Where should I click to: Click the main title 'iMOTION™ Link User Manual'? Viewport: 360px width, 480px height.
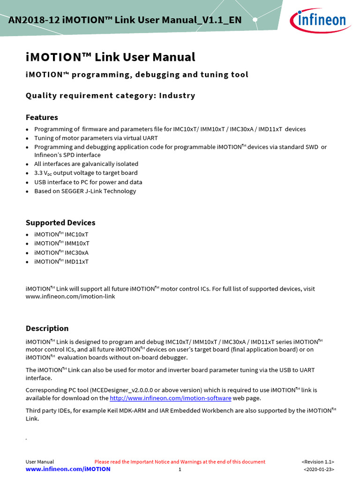[110, 57]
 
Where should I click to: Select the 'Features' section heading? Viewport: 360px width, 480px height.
[42, 117]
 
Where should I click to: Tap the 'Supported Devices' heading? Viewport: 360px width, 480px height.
[60, 223]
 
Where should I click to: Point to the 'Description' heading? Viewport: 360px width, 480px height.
[47, 328]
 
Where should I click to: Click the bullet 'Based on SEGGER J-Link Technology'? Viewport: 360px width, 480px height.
[85, 191]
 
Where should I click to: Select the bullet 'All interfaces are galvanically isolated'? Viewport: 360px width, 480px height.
[86, 164]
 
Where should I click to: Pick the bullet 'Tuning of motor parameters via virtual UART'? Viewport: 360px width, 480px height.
[96, 138]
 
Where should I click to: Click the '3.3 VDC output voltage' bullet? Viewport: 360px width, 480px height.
[86, 173]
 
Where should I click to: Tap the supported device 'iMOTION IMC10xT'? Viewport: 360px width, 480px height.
[61, 234]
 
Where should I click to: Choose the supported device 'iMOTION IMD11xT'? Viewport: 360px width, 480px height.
[61, 262]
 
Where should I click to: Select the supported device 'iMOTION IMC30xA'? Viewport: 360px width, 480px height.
[61, 252]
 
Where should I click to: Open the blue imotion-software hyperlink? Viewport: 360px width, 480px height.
[170, 398]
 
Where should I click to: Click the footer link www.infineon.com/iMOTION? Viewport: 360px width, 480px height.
[68, 469]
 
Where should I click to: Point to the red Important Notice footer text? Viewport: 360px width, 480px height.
[180, 462]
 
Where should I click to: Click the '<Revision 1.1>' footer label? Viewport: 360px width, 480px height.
[318, 462]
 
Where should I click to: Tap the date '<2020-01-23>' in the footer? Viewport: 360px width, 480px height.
[319, 469]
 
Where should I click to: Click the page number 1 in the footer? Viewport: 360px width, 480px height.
[180, 469]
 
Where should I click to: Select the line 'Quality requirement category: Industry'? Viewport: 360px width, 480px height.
[110, 96]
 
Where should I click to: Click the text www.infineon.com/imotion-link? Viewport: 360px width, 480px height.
[70, 296]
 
